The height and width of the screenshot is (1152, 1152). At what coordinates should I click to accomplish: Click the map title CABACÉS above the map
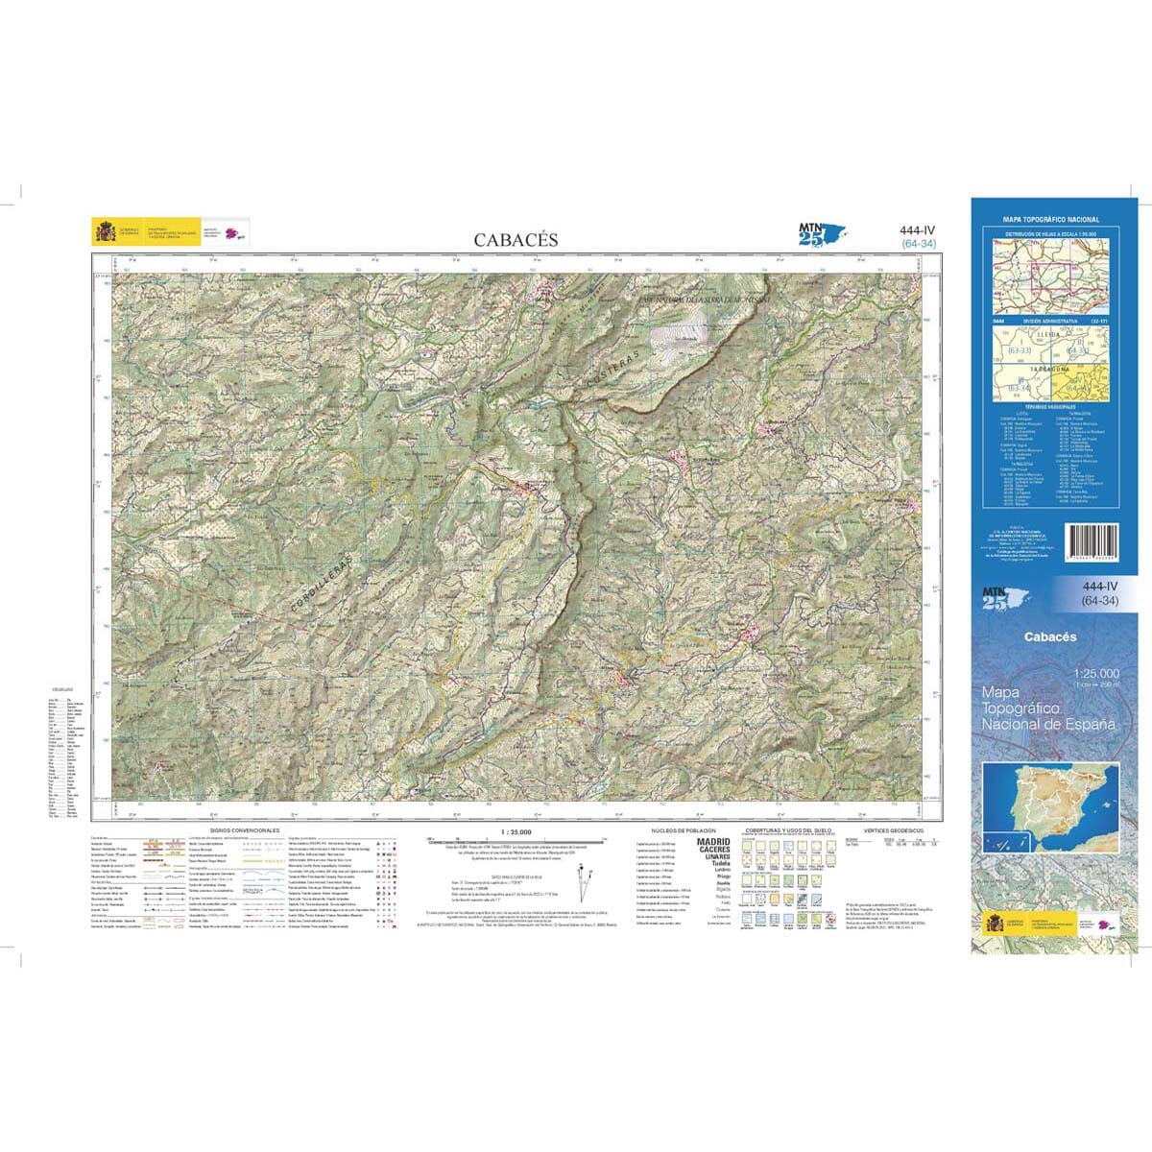click(516, 239)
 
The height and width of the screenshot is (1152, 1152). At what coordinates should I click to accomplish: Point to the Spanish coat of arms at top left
click(105, 232)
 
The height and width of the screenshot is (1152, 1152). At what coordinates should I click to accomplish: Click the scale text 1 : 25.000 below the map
click(516, 830)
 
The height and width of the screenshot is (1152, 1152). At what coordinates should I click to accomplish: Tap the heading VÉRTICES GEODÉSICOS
click(893, 829)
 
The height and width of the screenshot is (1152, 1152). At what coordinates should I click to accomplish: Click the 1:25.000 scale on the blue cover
click(1096, 673)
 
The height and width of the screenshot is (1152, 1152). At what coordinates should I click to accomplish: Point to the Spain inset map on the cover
click(1051, 807)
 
